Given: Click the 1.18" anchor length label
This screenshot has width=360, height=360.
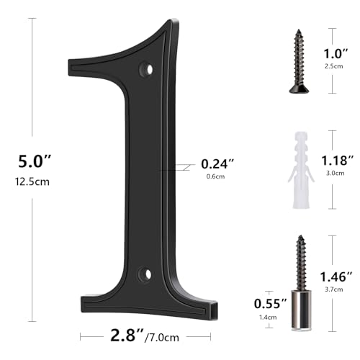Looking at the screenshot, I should click(x=338, y=160).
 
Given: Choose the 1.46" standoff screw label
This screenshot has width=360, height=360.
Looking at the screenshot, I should click(x=338, y=276).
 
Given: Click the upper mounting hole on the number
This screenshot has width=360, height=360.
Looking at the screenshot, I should click(x=149, y=70).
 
